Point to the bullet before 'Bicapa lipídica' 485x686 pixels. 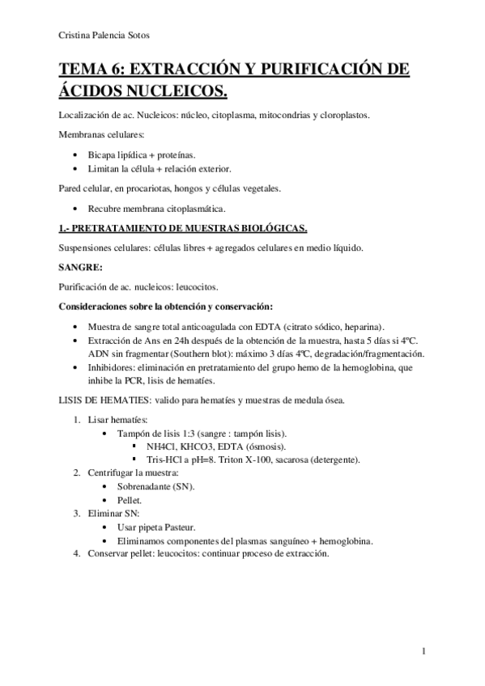[x=75, y=154]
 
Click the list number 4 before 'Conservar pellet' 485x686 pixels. [x=76, y=554]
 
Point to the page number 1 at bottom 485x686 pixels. [x=424, y=651]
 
